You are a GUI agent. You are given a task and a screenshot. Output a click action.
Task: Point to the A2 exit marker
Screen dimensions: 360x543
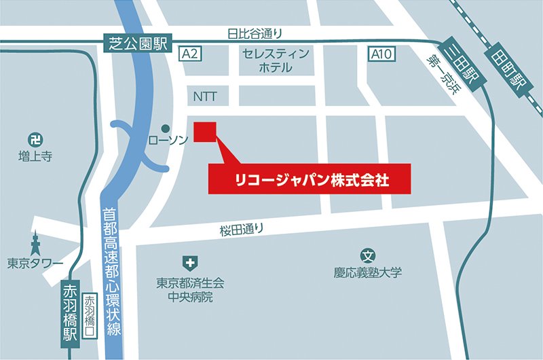pos(189,55)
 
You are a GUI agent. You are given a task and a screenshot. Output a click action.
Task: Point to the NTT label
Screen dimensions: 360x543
pos(205,96)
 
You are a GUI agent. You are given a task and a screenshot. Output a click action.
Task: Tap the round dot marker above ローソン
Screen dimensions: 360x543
pos(165,128)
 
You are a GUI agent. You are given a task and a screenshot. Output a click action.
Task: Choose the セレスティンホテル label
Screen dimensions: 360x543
pos(275,60)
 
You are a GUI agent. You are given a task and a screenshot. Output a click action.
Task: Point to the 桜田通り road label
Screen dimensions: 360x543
pos(241,230)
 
